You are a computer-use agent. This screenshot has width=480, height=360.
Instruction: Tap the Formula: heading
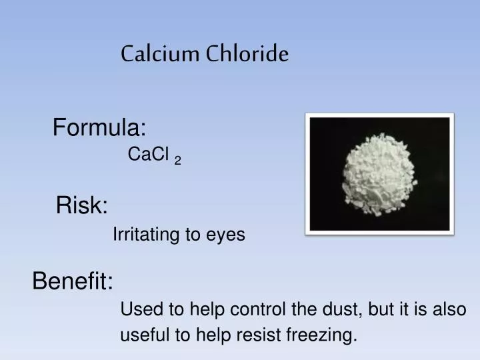tap(99, 126)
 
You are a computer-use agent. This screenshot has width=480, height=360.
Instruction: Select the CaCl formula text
tap(147, 155)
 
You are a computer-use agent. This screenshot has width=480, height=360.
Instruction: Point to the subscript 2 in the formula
tap(177, 159)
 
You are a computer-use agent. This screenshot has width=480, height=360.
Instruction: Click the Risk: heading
tap(82, 205)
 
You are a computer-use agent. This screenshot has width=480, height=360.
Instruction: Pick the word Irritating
tap(143, 235)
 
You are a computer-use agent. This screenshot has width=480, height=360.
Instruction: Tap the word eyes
tap(227, 235)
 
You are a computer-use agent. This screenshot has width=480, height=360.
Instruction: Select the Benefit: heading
tap(73, 282)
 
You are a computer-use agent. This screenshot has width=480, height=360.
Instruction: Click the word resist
tap(263, 336)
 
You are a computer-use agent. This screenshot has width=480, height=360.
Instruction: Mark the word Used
tap(137, 310)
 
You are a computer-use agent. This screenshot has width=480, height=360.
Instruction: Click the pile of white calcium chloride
tap(379, 172)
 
